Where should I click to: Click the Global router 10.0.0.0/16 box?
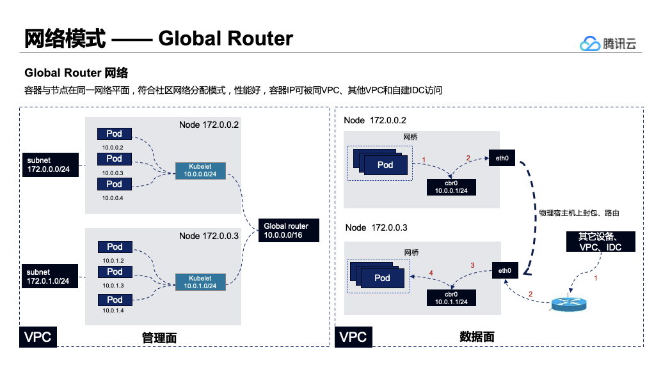[x=289, y=231]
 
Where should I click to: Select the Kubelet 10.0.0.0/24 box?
[x=200, y=171]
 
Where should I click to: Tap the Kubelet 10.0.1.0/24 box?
[x=200, y=282]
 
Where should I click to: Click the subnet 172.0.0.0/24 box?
[x=51, y=165]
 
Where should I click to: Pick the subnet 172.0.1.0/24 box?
[x=50, y=276]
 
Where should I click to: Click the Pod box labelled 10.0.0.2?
[x=114, y=134]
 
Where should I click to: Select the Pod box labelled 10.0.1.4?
[x=115, y=300]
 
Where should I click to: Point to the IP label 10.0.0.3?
[x=113, y=173]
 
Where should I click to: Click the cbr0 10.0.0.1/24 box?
[x=451, y=187]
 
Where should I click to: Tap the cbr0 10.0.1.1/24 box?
[x=451, y=298]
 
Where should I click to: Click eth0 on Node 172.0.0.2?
[x=502, y=158]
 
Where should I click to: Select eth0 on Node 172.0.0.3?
[x=505, y=270]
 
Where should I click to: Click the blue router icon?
[x=569, y=304]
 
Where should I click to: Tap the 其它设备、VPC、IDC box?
[x=600, y=242]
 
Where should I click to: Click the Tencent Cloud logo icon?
[x=589, y=43]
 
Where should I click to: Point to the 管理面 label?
[x=159, y=338]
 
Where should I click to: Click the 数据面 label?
[x=477, y=337]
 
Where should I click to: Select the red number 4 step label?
[x=431, y=273]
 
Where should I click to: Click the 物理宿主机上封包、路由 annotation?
[x=579, y=213]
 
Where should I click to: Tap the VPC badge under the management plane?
[x=38, y=337]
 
